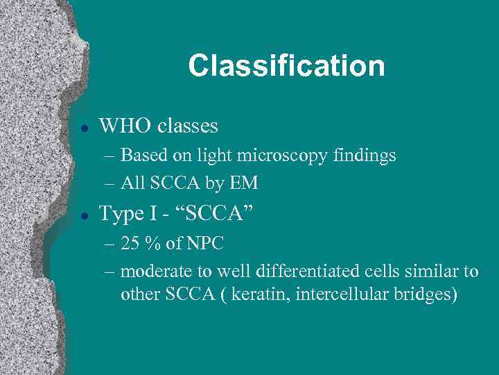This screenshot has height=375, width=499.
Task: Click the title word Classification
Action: pos(286,66)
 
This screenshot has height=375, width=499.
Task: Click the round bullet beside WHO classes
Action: pos(83,127)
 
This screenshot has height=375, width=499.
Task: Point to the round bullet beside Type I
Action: pos(83,215)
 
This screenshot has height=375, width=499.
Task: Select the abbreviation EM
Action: pos(245,183)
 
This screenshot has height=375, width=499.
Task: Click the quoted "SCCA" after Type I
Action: pos(220,214)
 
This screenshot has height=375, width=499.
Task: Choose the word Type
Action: pos(121,214)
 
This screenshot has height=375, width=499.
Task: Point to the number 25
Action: pos(130,244)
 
